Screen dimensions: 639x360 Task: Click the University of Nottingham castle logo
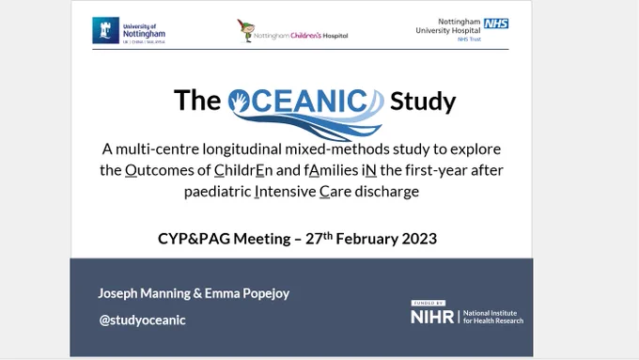click(105, 30)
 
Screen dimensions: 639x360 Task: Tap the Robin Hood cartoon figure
click(246, 31)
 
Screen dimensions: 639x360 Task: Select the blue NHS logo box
click(496, 23)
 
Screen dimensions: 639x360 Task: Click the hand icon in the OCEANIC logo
click(240, 102)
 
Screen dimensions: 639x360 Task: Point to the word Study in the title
click(423, 102)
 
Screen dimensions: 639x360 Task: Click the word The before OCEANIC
click(197, 100)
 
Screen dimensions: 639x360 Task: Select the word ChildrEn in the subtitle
click(243, 170)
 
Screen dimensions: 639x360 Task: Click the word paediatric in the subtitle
click(217, 191)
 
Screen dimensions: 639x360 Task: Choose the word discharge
click(387, 191)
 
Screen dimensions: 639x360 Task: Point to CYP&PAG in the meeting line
click(194, 239)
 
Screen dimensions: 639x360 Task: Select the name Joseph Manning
click(145, 293)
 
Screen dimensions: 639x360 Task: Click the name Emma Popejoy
click(247, 293)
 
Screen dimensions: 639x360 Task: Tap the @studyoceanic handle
click(142, 320)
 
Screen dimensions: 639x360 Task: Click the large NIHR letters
click(432, 317)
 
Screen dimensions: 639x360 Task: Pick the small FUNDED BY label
click(428, 303)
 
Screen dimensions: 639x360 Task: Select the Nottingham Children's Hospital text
click(301, 36)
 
